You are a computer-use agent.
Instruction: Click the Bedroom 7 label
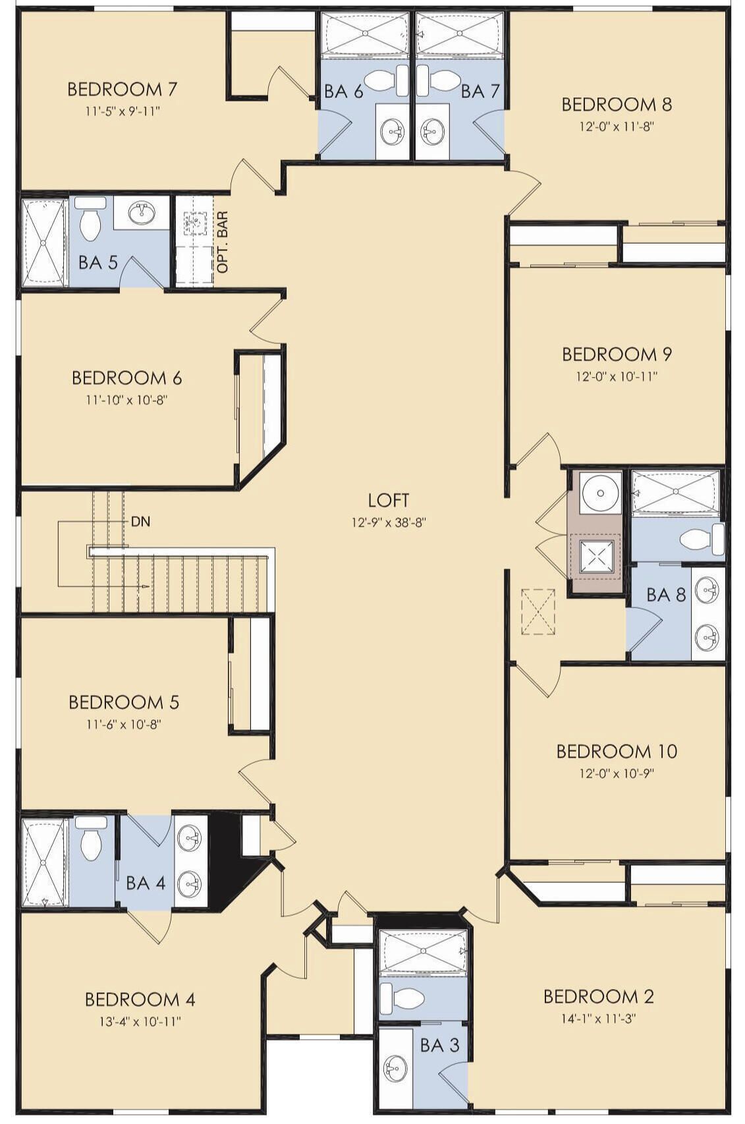122,90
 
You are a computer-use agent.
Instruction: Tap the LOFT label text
388,500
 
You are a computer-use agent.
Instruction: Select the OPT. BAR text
222,241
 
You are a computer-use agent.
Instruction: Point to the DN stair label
140,521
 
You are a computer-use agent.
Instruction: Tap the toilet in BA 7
436,80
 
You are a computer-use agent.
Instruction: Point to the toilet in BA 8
702,540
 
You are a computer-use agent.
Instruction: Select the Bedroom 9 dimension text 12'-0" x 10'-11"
617,376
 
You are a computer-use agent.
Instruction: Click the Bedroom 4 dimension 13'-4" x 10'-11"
140,1021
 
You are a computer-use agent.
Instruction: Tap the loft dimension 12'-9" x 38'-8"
388,522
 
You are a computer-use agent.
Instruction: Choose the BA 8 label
666,595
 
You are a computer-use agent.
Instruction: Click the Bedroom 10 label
617,751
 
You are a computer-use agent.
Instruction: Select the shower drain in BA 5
43,243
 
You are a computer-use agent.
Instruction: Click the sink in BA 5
141,213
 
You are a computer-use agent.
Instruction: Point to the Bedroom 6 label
126,378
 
